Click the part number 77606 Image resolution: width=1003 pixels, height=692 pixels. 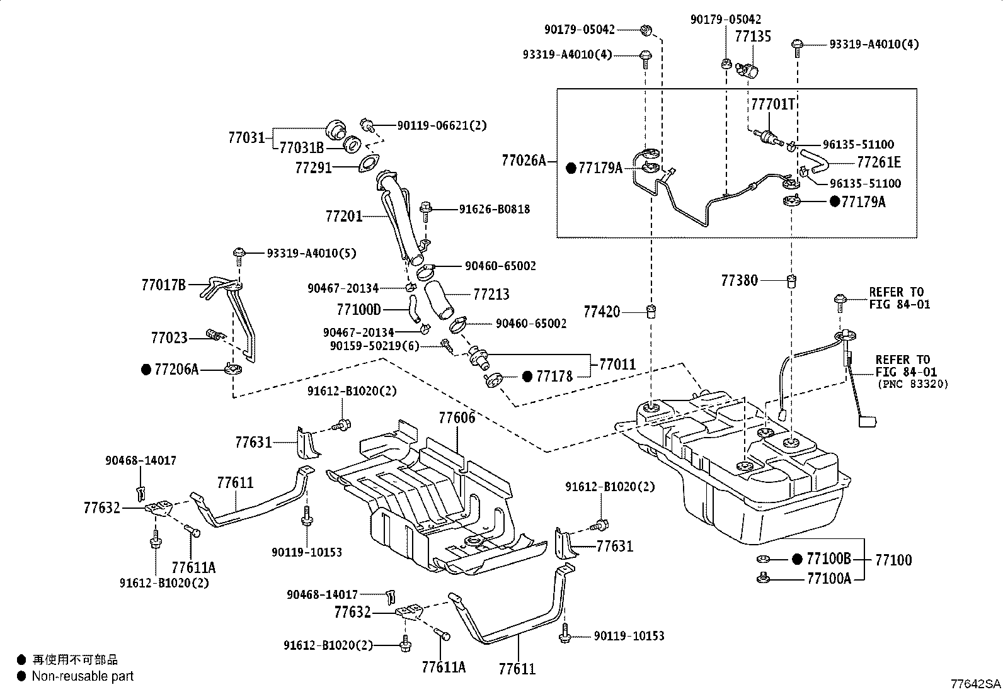tap(457, 417)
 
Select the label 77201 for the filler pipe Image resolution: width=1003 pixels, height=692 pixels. tap(344, 217)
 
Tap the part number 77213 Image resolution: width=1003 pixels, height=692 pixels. tap(491, 294)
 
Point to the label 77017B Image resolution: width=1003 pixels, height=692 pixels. tap(164, 285)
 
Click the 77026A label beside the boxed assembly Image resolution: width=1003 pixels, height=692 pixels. tap(524, 161)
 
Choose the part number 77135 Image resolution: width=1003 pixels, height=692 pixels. tap(753, 36)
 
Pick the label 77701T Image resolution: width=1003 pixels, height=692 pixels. tap(772, 103)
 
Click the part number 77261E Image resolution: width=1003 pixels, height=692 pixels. tap(879, 162)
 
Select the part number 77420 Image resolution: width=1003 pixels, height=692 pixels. tap(602, 311)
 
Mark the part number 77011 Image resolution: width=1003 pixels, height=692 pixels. tap(617, 364)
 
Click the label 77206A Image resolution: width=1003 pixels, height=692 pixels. tap(176, 370)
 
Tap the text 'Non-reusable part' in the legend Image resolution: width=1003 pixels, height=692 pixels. tap(83, 676)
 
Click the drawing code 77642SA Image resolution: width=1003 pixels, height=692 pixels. tap(976, 684)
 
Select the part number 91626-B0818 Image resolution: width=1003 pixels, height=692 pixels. tap(495, 209)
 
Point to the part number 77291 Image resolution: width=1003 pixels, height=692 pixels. tap(313, 168)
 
